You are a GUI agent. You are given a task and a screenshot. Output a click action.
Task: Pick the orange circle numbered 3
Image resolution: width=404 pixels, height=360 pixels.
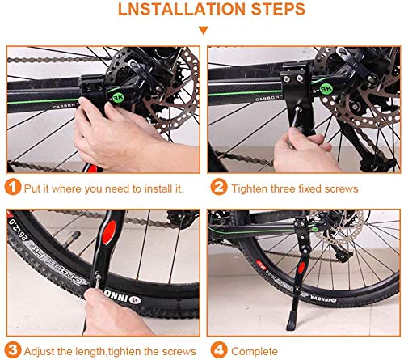[x=11, y=350]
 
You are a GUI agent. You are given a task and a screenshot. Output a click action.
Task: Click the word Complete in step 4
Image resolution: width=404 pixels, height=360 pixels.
[x=255, y=350]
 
